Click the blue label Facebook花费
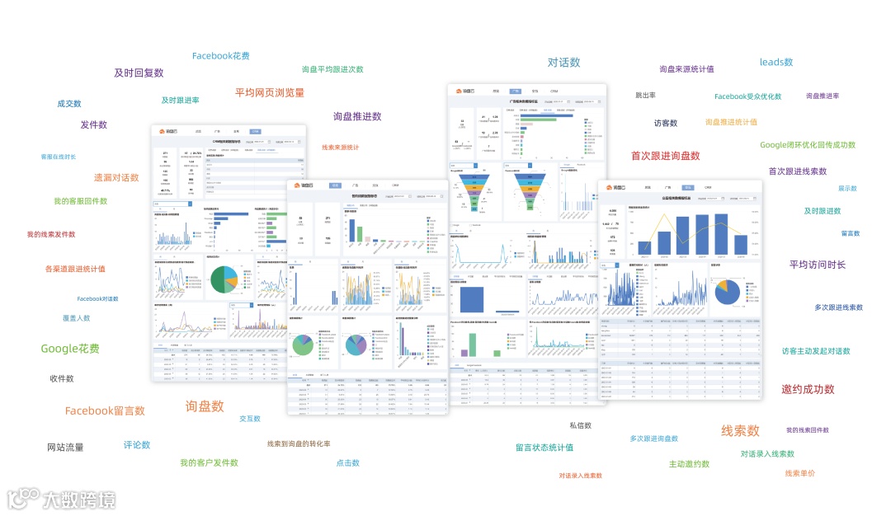[x=220, y=56]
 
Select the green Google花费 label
[x=70, y=349]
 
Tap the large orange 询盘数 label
[x=205, y=406]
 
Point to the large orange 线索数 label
[x=740, y=430]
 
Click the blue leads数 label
[x=775, y=62]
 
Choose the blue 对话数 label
[x=563, y=62]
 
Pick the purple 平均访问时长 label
[x=817, y=265]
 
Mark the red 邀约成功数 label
[x=808, y=389]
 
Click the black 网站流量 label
[x=65, y=448]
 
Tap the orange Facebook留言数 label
[x=105, y=410]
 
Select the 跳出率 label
[x=645, y=96]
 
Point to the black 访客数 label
[x=665, y=123]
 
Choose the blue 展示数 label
[x=847, y=189]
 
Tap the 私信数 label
[x=580, y=425]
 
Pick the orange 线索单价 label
[x=799, y=473]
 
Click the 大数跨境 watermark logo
[x=62, y=498]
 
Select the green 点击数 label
[x=347, y=463]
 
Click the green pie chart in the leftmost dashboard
[x=224, y=279]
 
